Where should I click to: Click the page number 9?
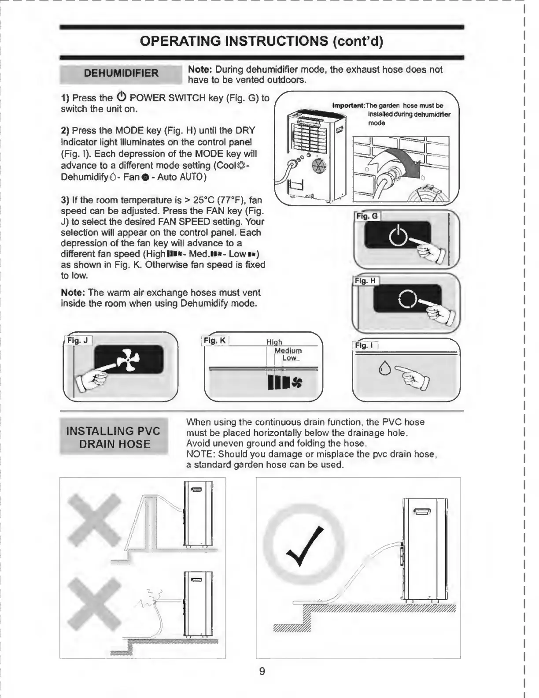[262, 671]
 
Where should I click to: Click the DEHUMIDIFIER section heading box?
[121, 73]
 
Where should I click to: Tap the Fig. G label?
[367, 216]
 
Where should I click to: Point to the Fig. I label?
[365, 345]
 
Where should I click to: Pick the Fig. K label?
[215, 340]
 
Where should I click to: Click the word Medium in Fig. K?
[288, 351]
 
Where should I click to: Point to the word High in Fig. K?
[274, 342]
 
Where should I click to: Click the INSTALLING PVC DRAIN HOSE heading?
[114, 437]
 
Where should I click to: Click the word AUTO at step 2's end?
[192, 177]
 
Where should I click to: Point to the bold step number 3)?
[65, 200]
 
